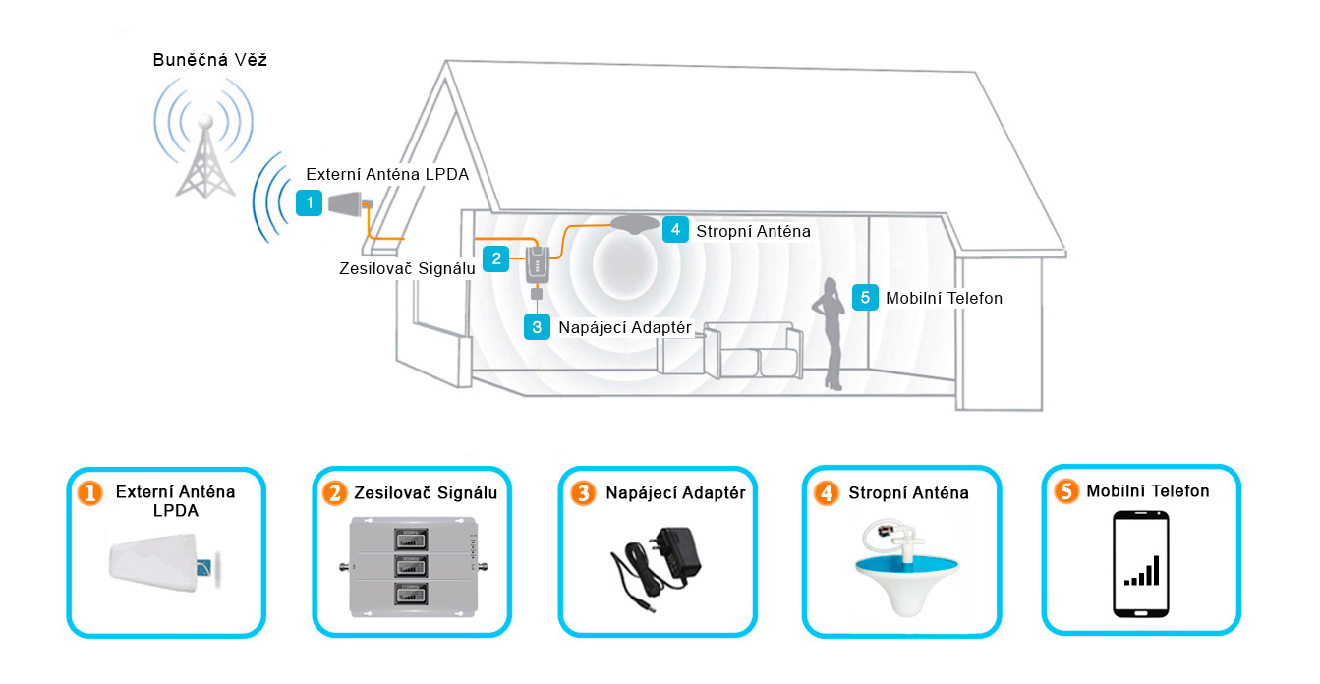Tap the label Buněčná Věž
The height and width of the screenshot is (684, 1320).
pos(210,61)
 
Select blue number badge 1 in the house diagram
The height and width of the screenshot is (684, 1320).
pos(310,203)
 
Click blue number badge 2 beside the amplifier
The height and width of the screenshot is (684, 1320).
pos(497,259)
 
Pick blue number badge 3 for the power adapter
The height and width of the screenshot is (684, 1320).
pos(537,326)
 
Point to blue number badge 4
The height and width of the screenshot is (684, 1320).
pos(674,230)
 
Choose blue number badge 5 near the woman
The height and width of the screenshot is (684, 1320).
pos(865,297)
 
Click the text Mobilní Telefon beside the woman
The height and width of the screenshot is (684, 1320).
pos(944,298)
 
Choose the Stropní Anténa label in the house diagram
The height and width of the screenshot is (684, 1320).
pos(753,232)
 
